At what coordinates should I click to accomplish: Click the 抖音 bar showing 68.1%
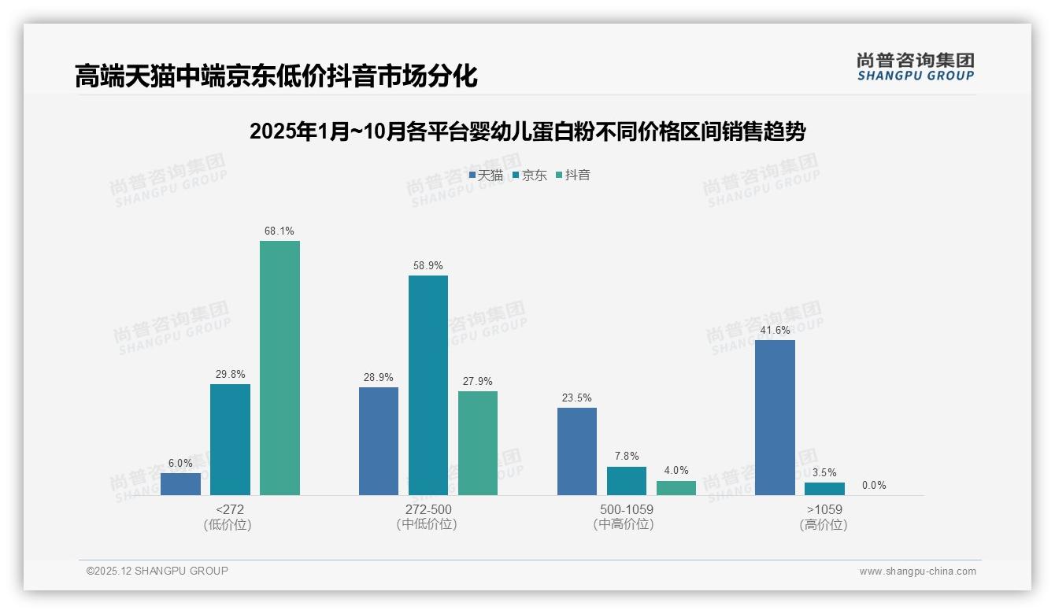(x=279, y=368)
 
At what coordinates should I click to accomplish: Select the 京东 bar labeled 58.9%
(x=428, y=385)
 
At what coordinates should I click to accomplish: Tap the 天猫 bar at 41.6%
(x=775, y=417)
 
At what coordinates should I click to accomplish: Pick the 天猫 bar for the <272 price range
(x=180, y=484)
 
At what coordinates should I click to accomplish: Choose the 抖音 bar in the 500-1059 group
(x=676, y=488)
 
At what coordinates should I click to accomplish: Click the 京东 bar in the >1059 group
(x=824, y=489)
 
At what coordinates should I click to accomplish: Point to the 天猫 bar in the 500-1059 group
(x=577, y=451)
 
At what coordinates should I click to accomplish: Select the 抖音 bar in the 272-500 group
(x=478, y=443)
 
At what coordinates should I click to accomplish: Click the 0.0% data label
(x=874, y=485)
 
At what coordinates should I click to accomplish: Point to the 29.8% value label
(x=230, y=375)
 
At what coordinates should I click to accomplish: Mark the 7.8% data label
(x=627, y=457)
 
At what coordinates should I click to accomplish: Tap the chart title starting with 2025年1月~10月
(x=527, y=131)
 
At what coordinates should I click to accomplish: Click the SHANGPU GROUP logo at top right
(x=915, y=66)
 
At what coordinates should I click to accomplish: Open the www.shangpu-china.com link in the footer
(x=917, y=571)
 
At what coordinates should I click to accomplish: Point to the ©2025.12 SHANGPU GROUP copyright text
(x=157, y=571)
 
